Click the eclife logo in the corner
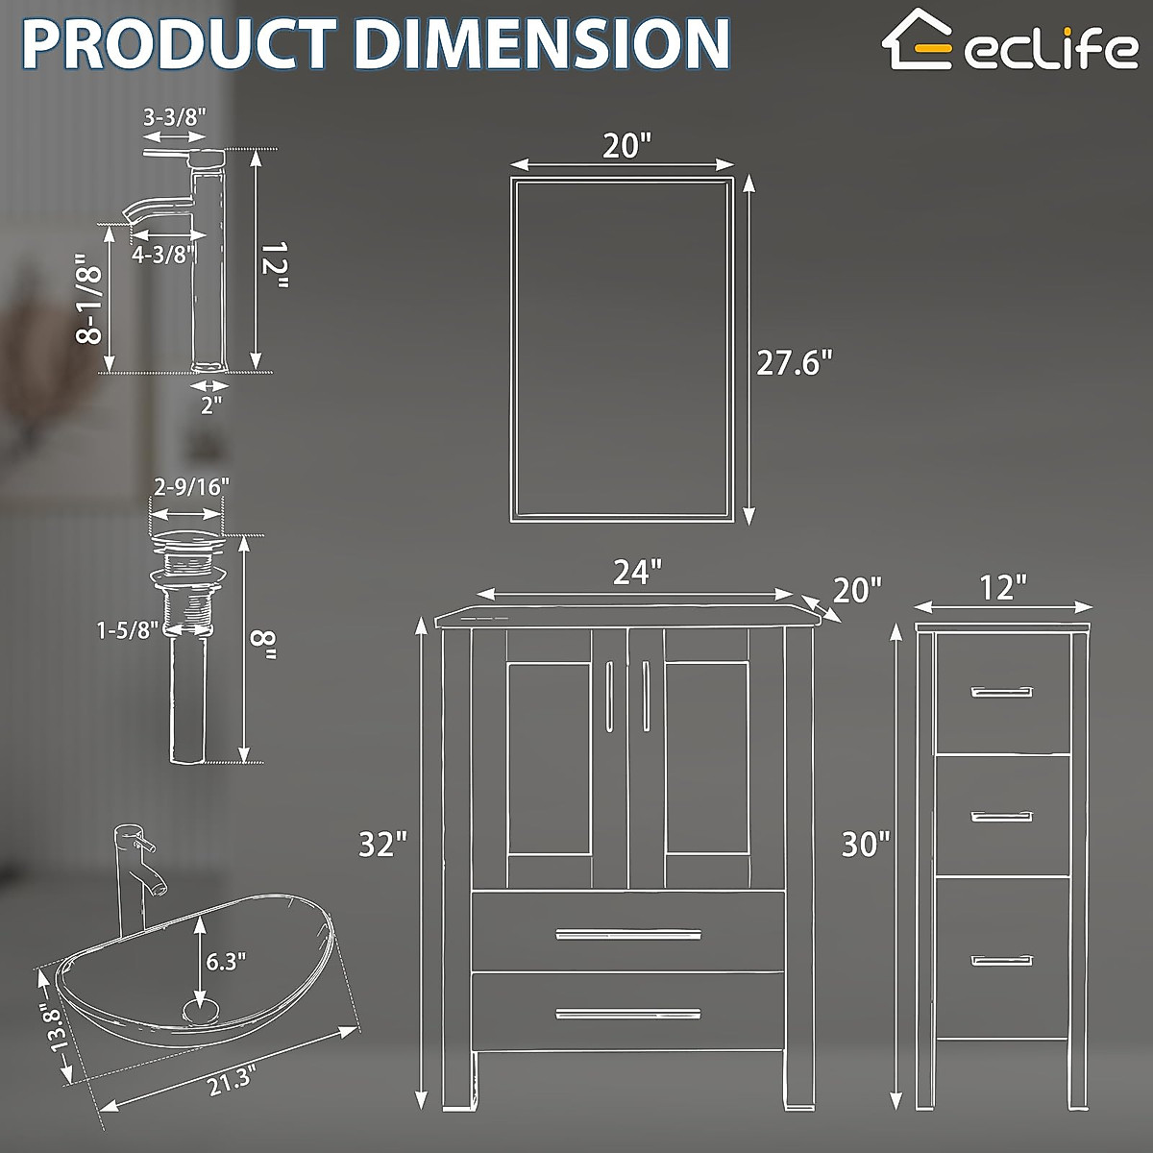coord(1014,43)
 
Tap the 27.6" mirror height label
coord(793,364)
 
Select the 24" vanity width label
coord(637,573)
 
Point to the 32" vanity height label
coord(383,845)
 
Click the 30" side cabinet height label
coord(866,845)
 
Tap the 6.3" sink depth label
coord(227,959)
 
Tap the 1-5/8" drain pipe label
coord(127,631)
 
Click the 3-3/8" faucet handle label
coord(174,117)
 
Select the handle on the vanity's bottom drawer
coord(628,1012)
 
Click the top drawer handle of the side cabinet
coord(1001,692)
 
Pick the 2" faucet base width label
coord(211,404)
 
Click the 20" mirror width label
coord(626,146)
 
